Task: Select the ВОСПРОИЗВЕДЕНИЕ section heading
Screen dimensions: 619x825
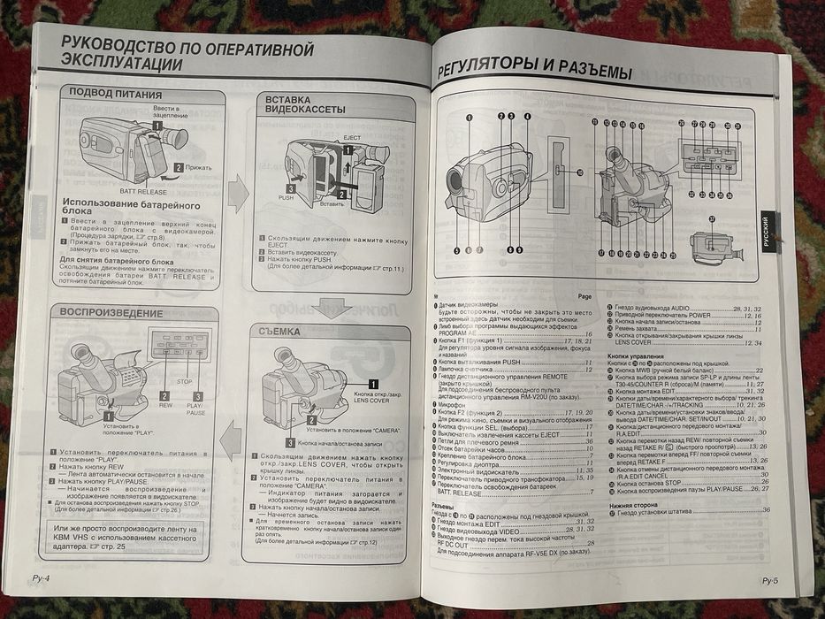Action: click(x=107, y=313)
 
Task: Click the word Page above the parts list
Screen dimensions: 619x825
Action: click(x=583, y=296)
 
